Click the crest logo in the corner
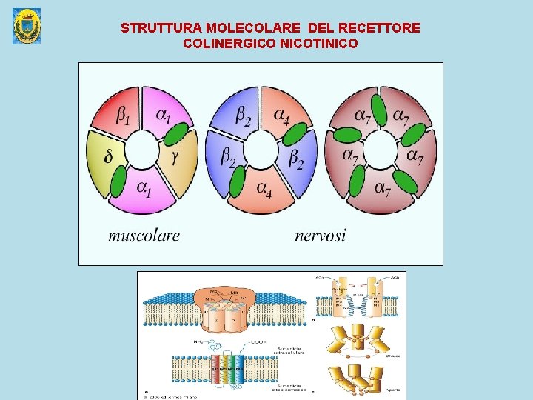[27, 26]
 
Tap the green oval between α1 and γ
[175, 133]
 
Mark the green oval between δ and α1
[118, 180]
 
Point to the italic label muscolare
[144, 236]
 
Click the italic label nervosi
[320, 236]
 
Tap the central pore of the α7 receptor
[381, 152]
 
